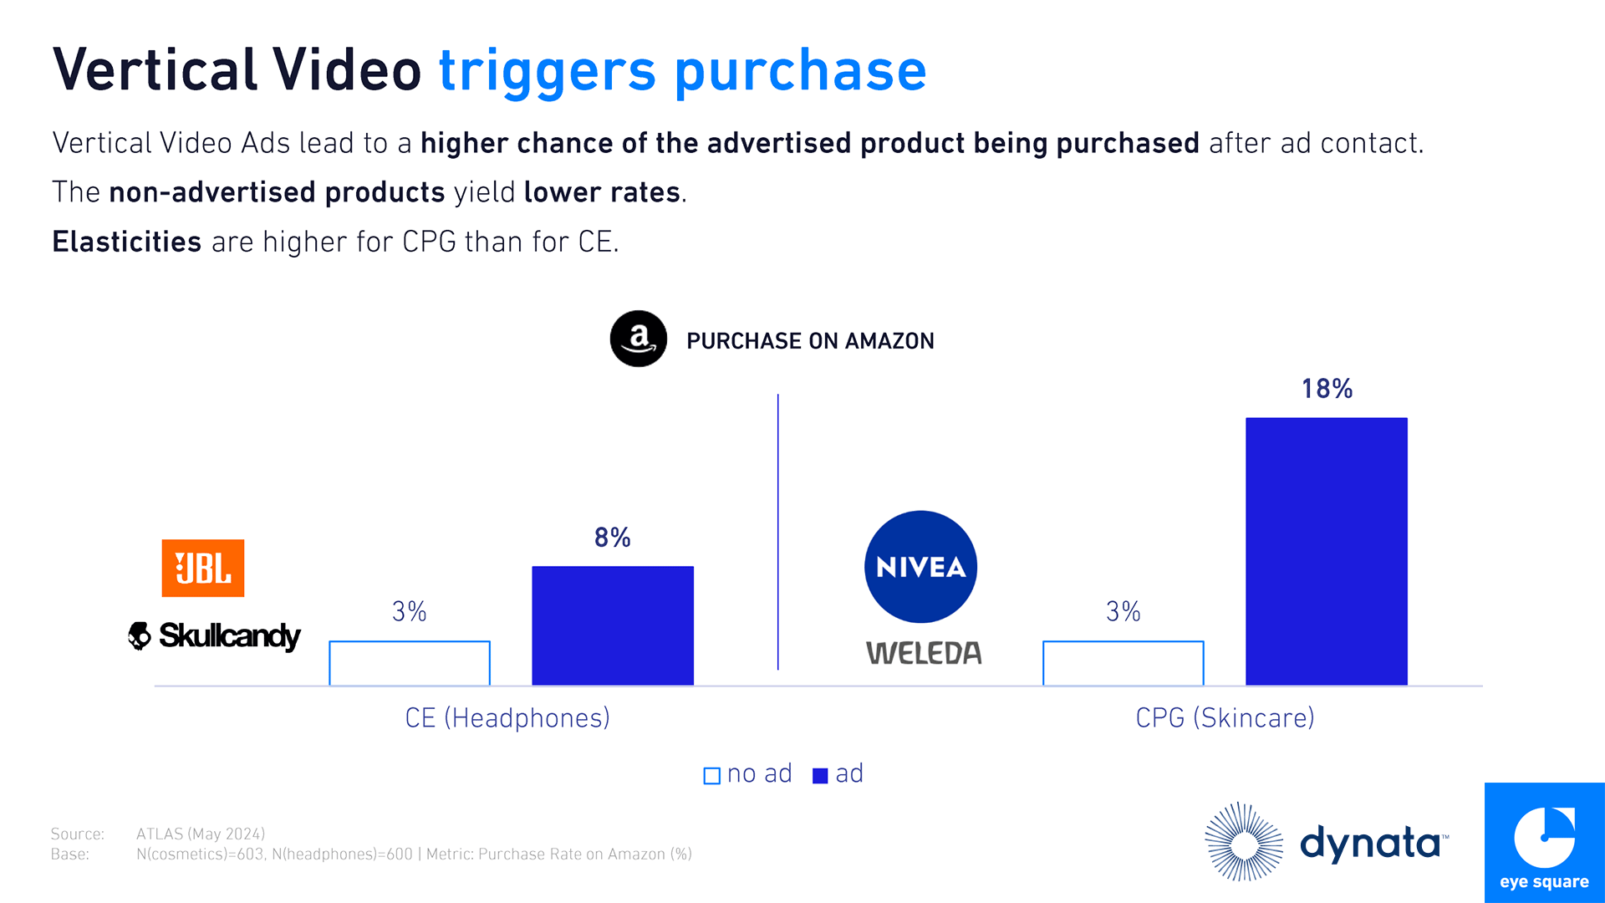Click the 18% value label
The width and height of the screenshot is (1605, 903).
[x=1327, y=389]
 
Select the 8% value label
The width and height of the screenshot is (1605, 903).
[x=612, y=538]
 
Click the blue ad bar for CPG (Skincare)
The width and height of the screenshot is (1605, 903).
[x=1326, y=551]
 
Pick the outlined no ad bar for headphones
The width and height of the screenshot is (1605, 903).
[x=410, y=663]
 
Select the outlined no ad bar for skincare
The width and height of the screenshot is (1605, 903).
[x=1123, y=663]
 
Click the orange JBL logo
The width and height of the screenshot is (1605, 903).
[x=203, y=569]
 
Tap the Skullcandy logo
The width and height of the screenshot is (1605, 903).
[x=214, y=636]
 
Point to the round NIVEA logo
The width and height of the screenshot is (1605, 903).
[x=920, y=567]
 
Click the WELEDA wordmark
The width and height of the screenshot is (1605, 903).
[x=924, y=653]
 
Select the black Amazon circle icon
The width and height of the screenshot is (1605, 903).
[x=639, y=339]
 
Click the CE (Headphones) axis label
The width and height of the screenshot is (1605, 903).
[x=507, y=718]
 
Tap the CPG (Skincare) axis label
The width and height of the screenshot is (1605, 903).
[x=1225, y=718]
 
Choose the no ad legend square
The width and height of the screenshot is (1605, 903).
[x=712, y=776]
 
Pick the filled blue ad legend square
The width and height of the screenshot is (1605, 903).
[x=820, y=776]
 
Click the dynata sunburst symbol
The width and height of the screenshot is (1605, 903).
[x=1244, y=842]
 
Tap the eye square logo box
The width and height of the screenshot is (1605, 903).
[x=1544, y=843]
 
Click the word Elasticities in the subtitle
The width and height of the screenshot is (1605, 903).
[x=127, y=242]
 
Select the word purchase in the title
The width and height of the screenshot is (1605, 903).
[x=800, y=71]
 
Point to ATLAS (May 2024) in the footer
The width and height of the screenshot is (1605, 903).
[x=201, y=834]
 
